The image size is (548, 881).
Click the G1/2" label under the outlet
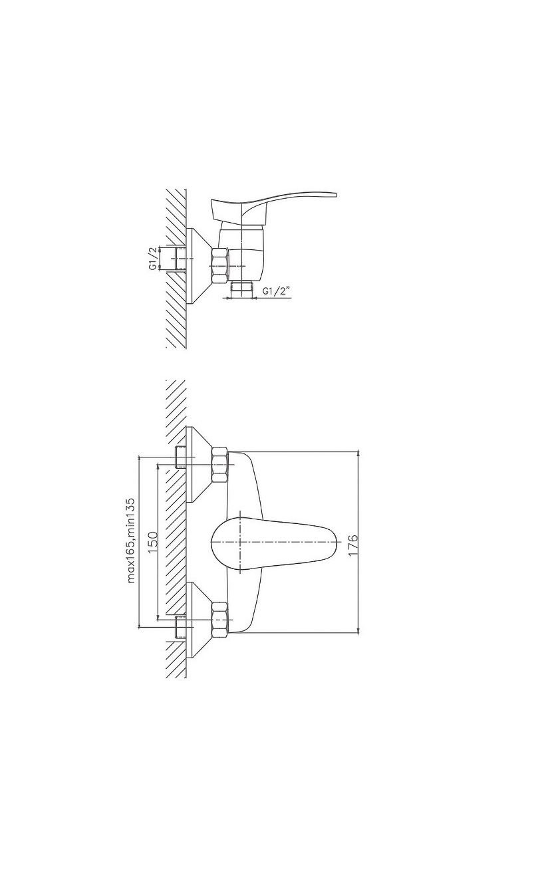coord(277,291)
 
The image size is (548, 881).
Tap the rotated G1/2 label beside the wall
coord(153,258)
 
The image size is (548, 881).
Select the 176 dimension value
coord(353,545)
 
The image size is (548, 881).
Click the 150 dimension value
coord(153,541)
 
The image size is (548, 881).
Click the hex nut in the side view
coord(219,266)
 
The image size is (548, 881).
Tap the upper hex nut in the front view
coord(219,465)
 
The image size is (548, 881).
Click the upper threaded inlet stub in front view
coord(181,457)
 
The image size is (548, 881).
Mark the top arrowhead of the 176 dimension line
coord(358,454)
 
